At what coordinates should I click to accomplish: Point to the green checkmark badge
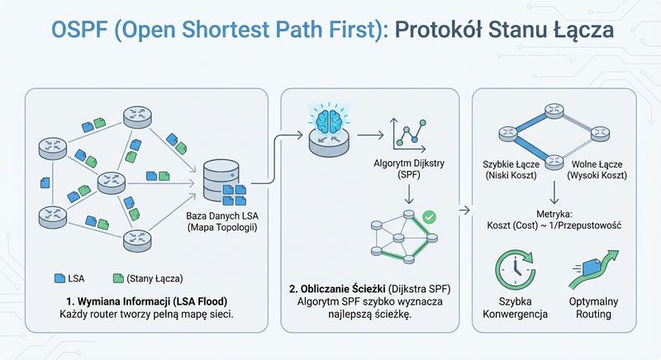click(429, 218)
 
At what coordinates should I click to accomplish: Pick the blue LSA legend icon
click(59, 278)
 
